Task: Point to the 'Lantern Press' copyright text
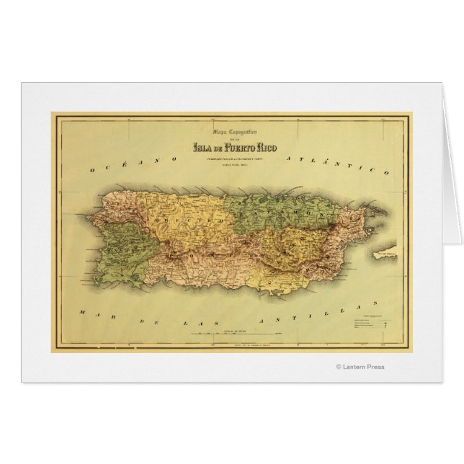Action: pyautogui.click(x=360, y=367)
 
